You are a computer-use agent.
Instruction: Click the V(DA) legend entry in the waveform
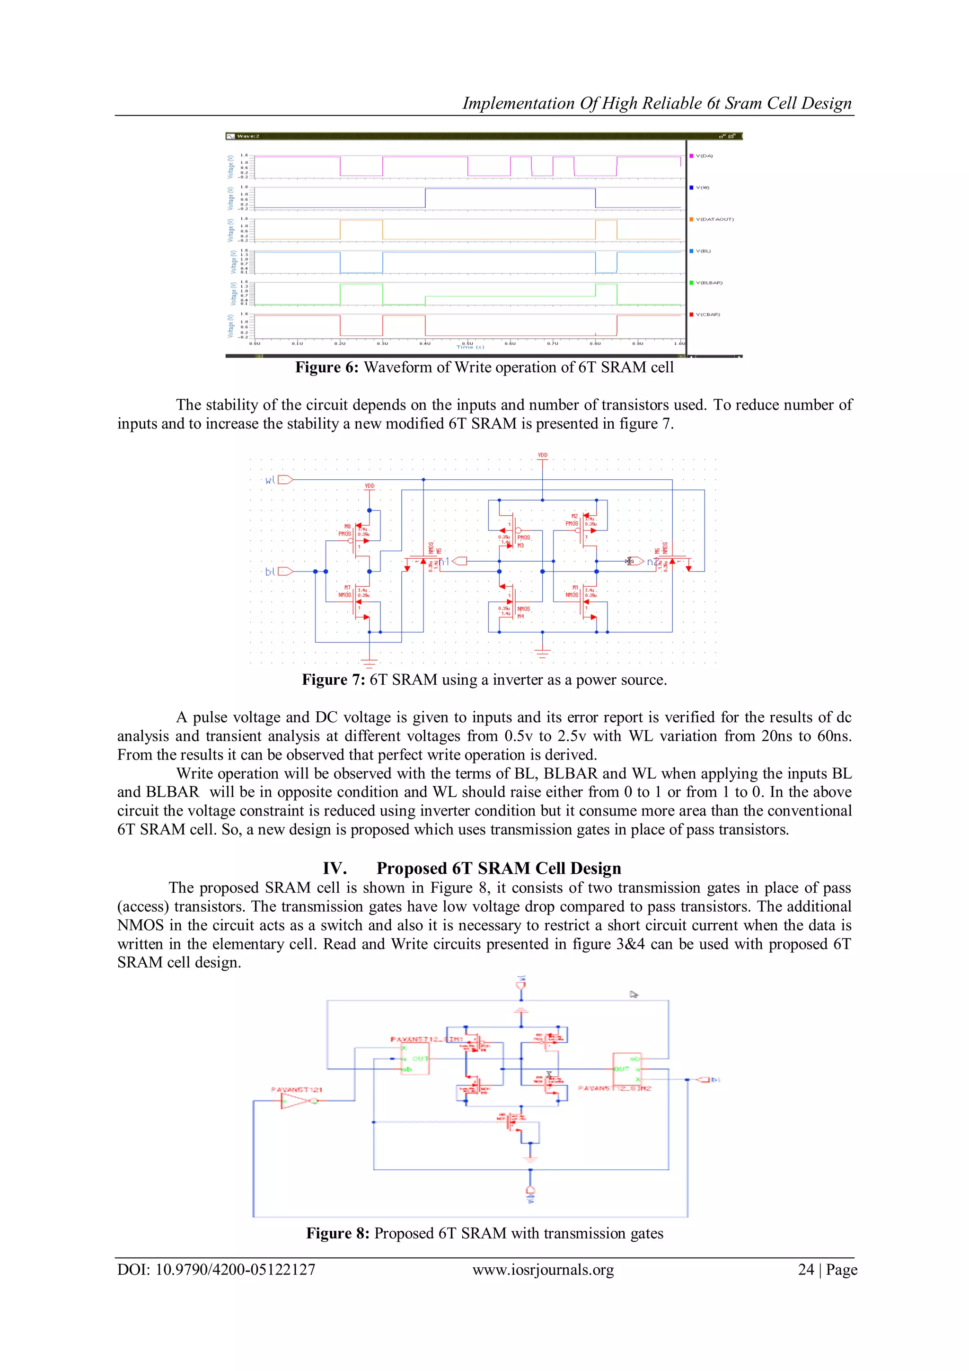click(704, 156)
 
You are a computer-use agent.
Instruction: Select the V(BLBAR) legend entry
click(708, 282)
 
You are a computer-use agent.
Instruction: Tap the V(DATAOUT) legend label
click(714, 219)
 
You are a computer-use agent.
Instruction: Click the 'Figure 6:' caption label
click(327, 367)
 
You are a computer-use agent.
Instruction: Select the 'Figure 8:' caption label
click(338, 1233)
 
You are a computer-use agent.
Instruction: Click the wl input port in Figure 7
click(285, 479)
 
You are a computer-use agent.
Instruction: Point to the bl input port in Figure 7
click(285, 572)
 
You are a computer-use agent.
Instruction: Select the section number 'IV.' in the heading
click(335, 868)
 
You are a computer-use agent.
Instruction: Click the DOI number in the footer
click(235, 1270)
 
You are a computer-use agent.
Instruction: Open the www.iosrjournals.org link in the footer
click(543, 1270)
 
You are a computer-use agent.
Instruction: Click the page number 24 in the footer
click(806, 1270)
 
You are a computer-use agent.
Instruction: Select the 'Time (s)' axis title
click(471, 347)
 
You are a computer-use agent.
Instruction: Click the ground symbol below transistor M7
click(370, 662)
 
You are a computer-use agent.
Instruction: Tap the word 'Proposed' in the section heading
click(412, 868)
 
